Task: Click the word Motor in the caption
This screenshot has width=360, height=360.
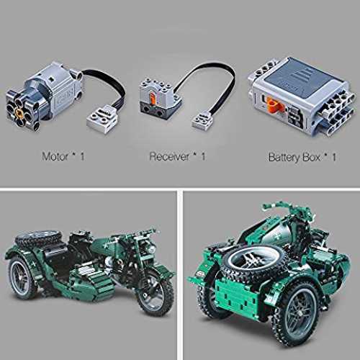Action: pyautogui.click(x=55, y=156)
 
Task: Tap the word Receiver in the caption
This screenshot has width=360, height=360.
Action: pyautogui.click(x=169, y=156)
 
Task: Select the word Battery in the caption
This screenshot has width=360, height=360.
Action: pyautogui.click(x=284, y=158)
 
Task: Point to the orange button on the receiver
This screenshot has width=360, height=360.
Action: pyautogui.click(x=152, y=98)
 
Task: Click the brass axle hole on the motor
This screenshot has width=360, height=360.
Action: pyautogui.click(x=18, y=112)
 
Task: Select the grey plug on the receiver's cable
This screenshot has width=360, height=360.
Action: pyautogui.click(x=203, y=122)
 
